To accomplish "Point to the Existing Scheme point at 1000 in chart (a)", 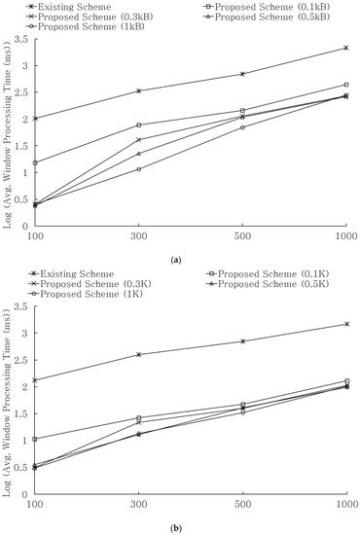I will coord(346,48).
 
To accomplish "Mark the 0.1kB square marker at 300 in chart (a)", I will coord(139,125).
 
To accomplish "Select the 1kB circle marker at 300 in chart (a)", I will coord(139,169).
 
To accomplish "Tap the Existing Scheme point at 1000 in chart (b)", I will coord(346,324).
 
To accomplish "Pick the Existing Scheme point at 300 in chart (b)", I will coord(139,354).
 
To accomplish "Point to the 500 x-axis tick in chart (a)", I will coord(242,235).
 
